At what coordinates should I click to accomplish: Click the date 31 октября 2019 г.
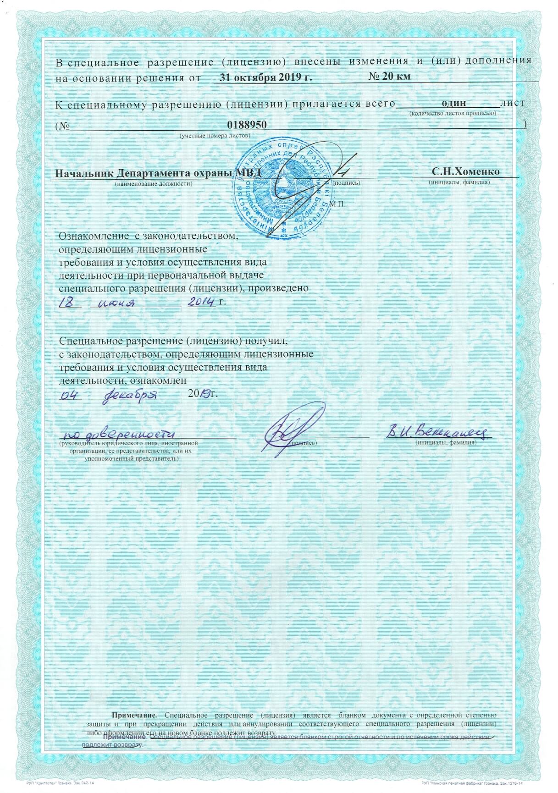tap(265, 77)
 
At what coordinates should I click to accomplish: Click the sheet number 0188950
tap(247, 125)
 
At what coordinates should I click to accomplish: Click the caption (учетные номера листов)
tap(215, 136)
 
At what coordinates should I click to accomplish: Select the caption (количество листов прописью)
tap(452, 113)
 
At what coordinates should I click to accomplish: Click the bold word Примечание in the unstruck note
tap(135, 715)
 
